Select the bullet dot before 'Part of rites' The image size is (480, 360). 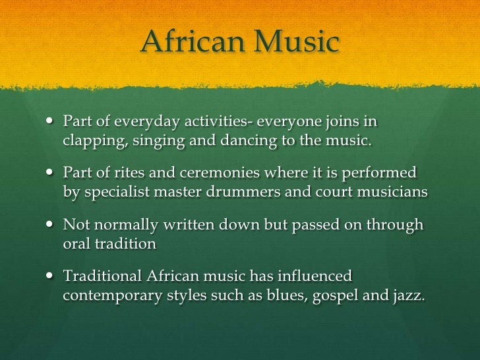click(53, 173)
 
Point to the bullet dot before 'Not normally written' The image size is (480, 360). click(53, 225)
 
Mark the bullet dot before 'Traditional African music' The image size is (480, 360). click(53, 276)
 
